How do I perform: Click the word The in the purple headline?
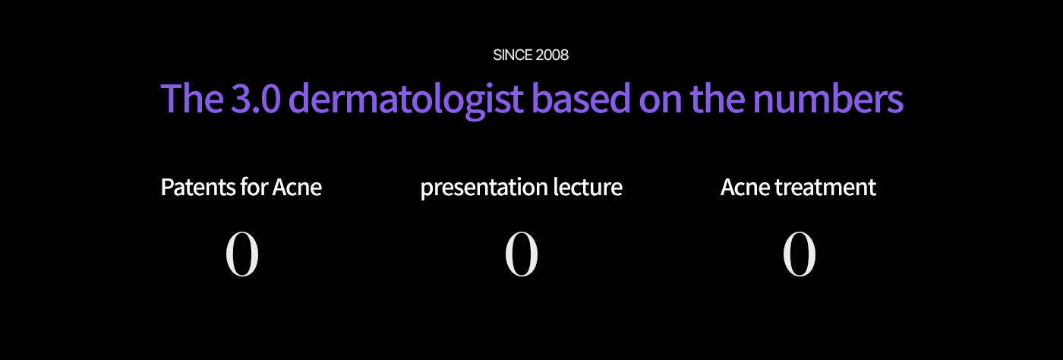coord(192,98)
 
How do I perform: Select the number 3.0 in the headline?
coord(256,98)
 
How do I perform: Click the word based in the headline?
coord(581,98)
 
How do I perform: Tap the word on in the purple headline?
coord(660,103)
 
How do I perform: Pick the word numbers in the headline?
coord(828,98)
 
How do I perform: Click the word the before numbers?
coord(717,98)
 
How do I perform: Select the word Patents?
coord(198,187)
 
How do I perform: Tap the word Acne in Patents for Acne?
coord(297,187)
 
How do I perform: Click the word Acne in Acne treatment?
coord(746,187)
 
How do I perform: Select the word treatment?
coord(825,187)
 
